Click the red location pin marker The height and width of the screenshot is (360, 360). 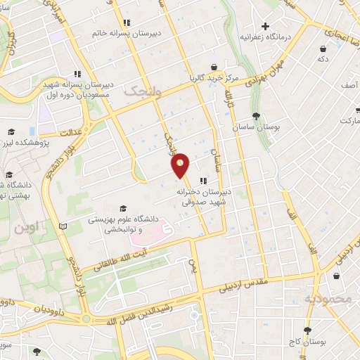pos(181,165)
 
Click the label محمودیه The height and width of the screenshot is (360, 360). pos(327,299)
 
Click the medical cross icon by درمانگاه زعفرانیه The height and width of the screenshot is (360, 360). pos(266,26)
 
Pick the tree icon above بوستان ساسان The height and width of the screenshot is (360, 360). pos(257,116)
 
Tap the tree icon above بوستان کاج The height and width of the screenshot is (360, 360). pos(307,330)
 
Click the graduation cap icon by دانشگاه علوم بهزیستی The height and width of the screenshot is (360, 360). pos(123,209)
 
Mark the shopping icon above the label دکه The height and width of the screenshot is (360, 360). pos(323,49)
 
